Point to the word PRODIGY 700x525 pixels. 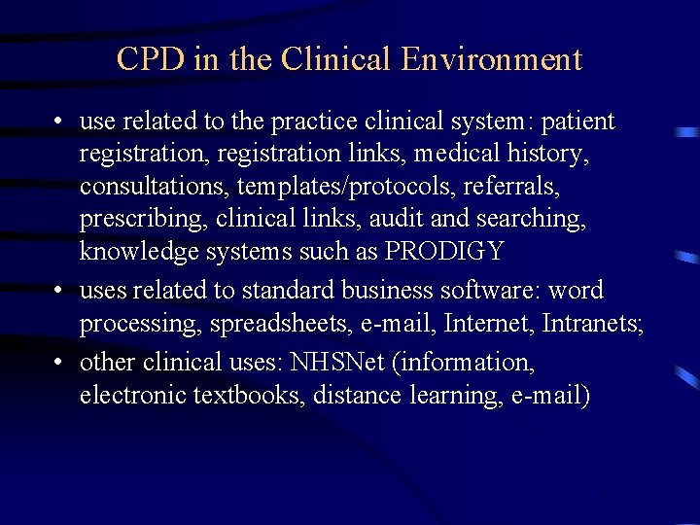pyautogui.click(x=444, y=251)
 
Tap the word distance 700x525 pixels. pyautogui.click(x=355, y=395)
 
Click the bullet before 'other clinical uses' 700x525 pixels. pyautogui.click(x=60, y=363)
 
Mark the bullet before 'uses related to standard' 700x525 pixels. pyautogui.click(x=60, y=291)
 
